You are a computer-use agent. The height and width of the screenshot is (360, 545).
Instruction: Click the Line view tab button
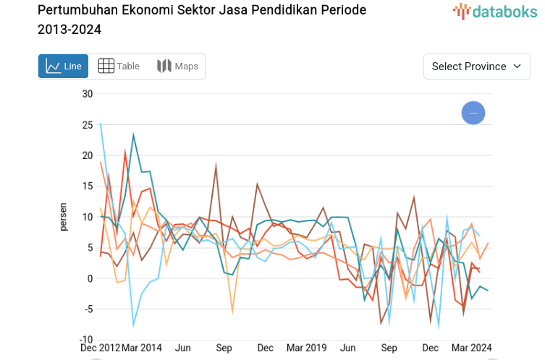tap(63, 66)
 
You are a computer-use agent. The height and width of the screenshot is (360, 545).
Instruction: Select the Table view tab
tap(119, 66)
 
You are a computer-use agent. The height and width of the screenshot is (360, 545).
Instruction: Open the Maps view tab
tap(177, 66)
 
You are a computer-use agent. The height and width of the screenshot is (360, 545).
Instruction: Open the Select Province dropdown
tap(477, 66)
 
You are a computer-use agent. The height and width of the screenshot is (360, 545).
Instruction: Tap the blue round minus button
tap(473, 113)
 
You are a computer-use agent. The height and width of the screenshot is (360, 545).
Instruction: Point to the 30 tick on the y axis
tap(87, 94)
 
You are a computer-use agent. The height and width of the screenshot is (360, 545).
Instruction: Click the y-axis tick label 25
tap(87, 125)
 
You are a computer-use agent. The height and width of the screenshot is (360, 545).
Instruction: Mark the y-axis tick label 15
tap(87, 187)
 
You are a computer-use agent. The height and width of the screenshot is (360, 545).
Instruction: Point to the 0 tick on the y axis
tap(90, 279)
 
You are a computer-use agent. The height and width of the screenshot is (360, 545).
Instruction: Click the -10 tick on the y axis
tap(85, 340)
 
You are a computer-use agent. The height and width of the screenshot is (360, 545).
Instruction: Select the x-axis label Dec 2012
tap(100, 348)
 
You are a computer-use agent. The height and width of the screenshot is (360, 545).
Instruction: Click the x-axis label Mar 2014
tap(143, 348)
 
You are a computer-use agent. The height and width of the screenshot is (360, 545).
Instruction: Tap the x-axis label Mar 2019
tap(307, 348)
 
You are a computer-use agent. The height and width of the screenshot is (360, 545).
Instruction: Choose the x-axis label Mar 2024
tap(471, 348)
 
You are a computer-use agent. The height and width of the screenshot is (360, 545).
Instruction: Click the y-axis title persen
tap(64, 217)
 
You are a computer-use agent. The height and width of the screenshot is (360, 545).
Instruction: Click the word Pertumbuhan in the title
tap(73, 10)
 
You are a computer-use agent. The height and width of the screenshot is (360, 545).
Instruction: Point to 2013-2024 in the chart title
tap(69, 30)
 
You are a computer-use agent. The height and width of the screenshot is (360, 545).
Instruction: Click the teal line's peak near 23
tap(133, 134)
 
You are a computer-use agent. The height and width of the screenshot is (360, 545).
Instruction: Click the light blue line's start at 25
tap(101, 124)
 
